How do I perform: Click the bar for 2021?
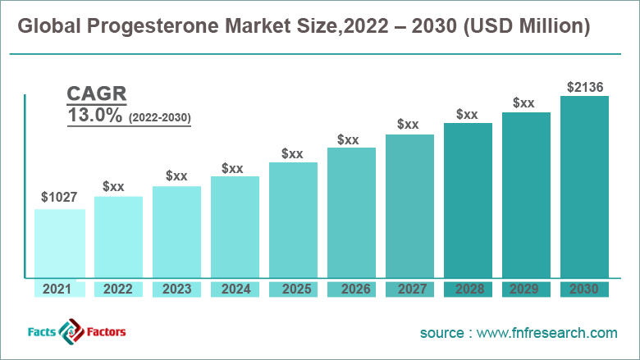(59, 244)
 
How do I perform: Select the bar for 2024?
(235, 227)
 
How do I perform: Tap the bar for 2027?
(409, 207)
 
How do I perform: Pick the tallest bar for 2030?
(584, 187)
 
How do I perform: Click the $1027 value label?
(59, 198)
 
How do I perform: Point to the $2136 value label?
(584, 85)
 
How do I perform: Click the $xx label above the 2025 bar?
(292, 153)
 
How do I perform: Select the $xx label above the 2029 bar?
(524, 103)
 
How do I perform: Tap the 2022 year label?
(118, 289)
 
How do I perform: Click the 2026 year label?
(351, 289)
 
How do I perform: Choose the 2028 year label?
(468, 289)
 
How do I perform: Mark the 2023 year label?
(176, 289)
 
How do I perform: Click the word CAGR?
(97, 93)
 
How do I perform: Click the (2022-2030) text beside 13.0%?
(160, 118)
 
